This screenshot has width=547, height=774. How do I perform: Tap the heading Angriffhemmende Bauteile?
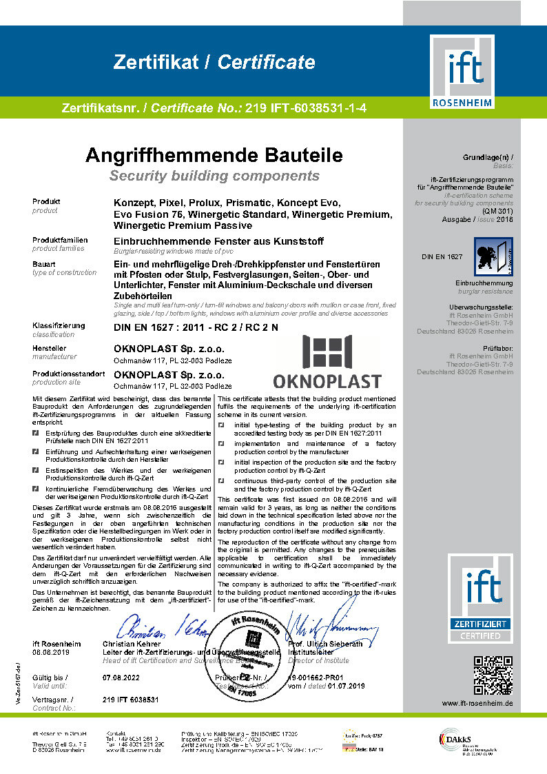pyautogui.click(x=214, y=154)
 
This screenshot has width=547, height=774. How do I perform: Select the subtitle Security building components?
pyautogui.click(x=214, y=175)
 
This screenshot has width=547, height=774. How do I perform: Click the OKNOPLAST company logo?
pyautogui.click(x=327, y=363)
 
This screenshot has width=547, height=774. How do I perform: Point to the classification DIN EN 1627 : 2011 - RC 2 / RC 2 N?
pyautogui.click(x=196, y=327)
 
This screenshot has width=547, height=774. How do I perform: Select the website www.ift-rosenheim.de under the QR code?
pyautogui.click(x=477, y=703)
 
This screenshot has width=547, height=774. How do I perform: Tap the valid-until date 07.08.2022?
pyautogui.click(x=121, y=678)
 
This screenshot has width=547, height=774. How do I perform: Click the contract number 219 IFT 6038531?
pyautogui.click(x=130, y=700)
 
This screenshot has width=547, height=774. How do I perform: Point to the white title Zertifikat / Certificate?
pyautogui.click(x=214, y=63)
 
